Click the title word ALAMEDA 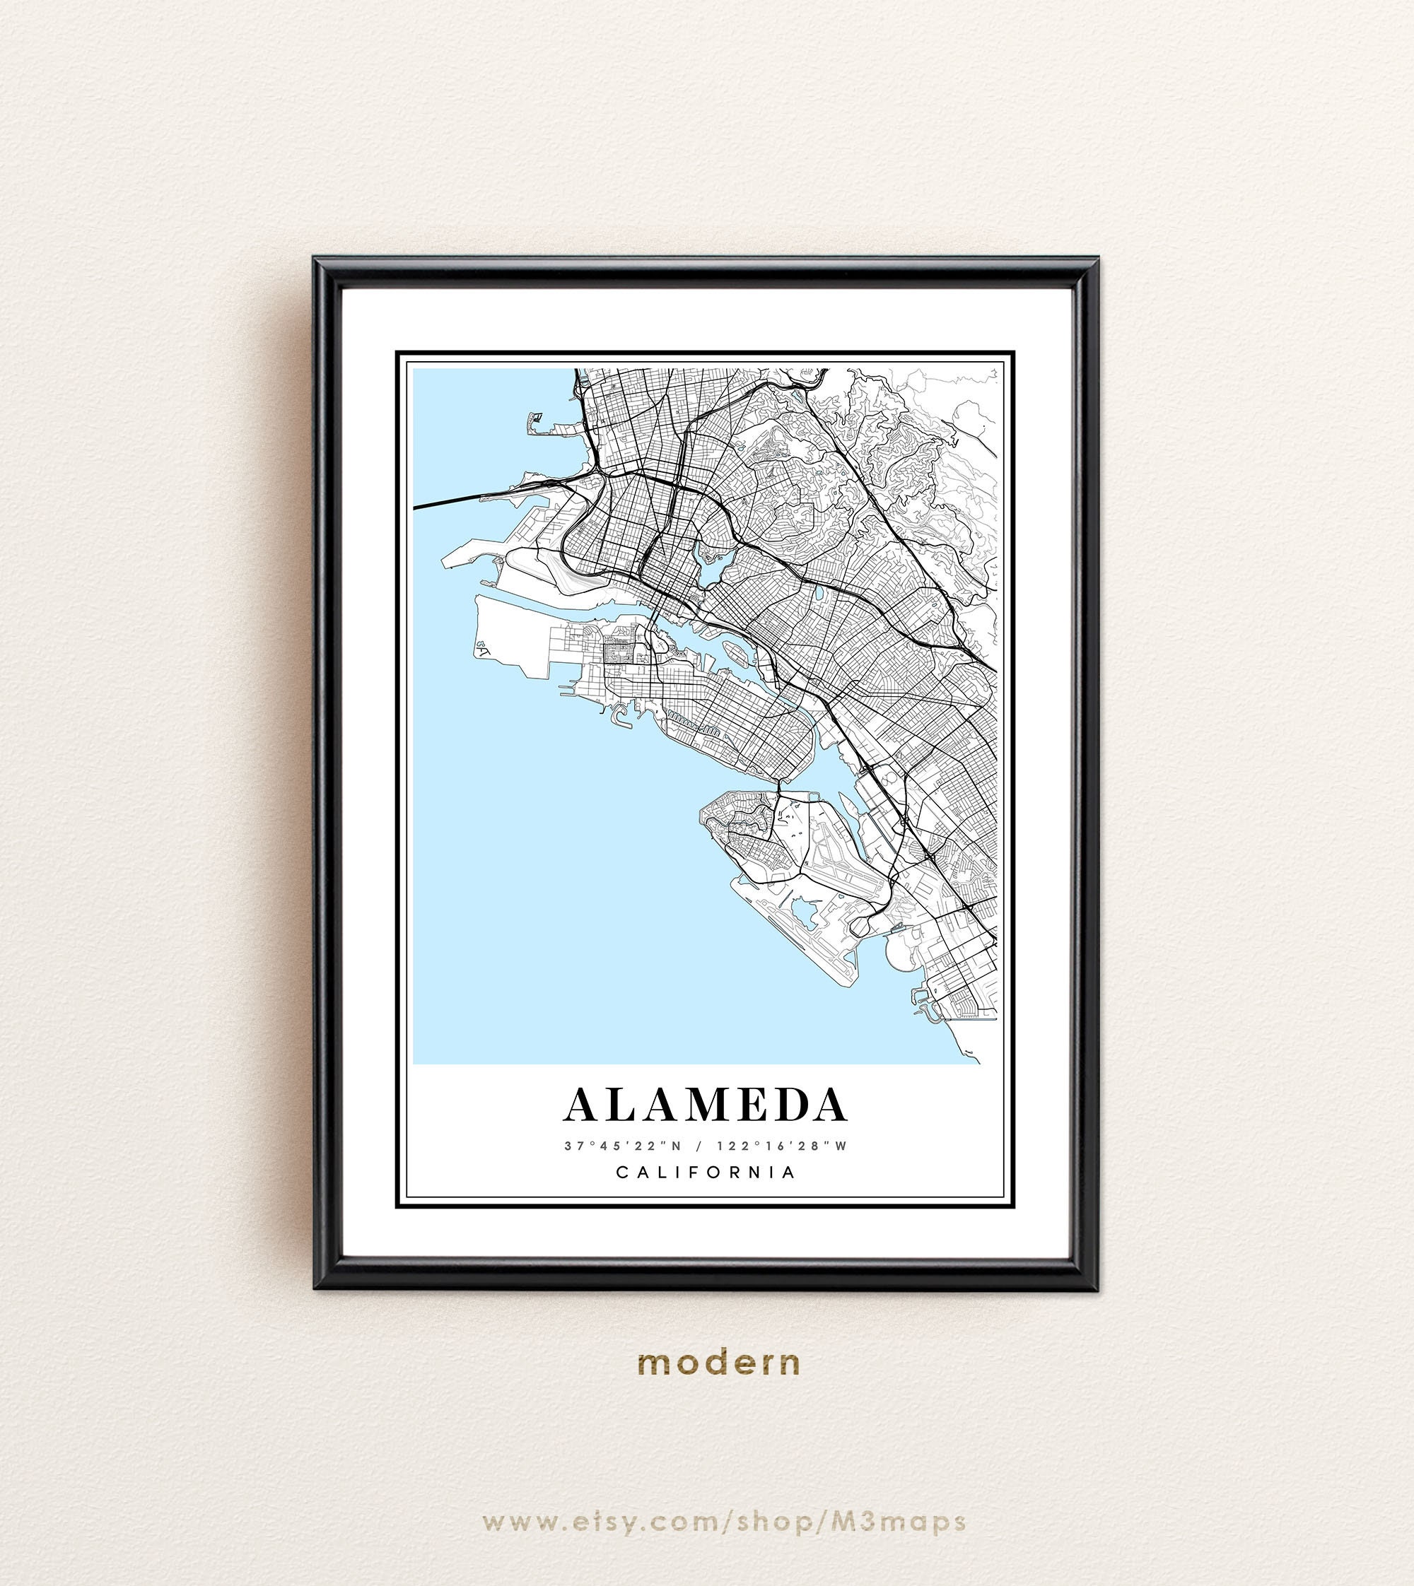pos(706,1105)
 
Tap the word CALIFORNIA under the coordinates pos(706,1172)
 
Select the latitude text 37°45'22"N pos(622,1146)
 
